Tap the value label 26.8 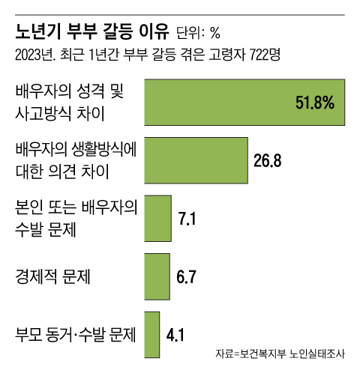(268, 160)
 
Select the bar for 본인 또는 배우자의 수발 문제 (157, 218)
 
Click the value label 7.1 (187, 219)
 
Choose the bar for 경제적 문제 (156, 276)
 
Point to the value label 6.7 (186, 276)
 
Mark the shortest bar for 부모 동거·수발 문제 (151, 334)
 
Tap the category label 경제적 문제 (53, 276)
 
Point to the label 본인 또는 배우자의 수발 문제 (75, 218)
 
